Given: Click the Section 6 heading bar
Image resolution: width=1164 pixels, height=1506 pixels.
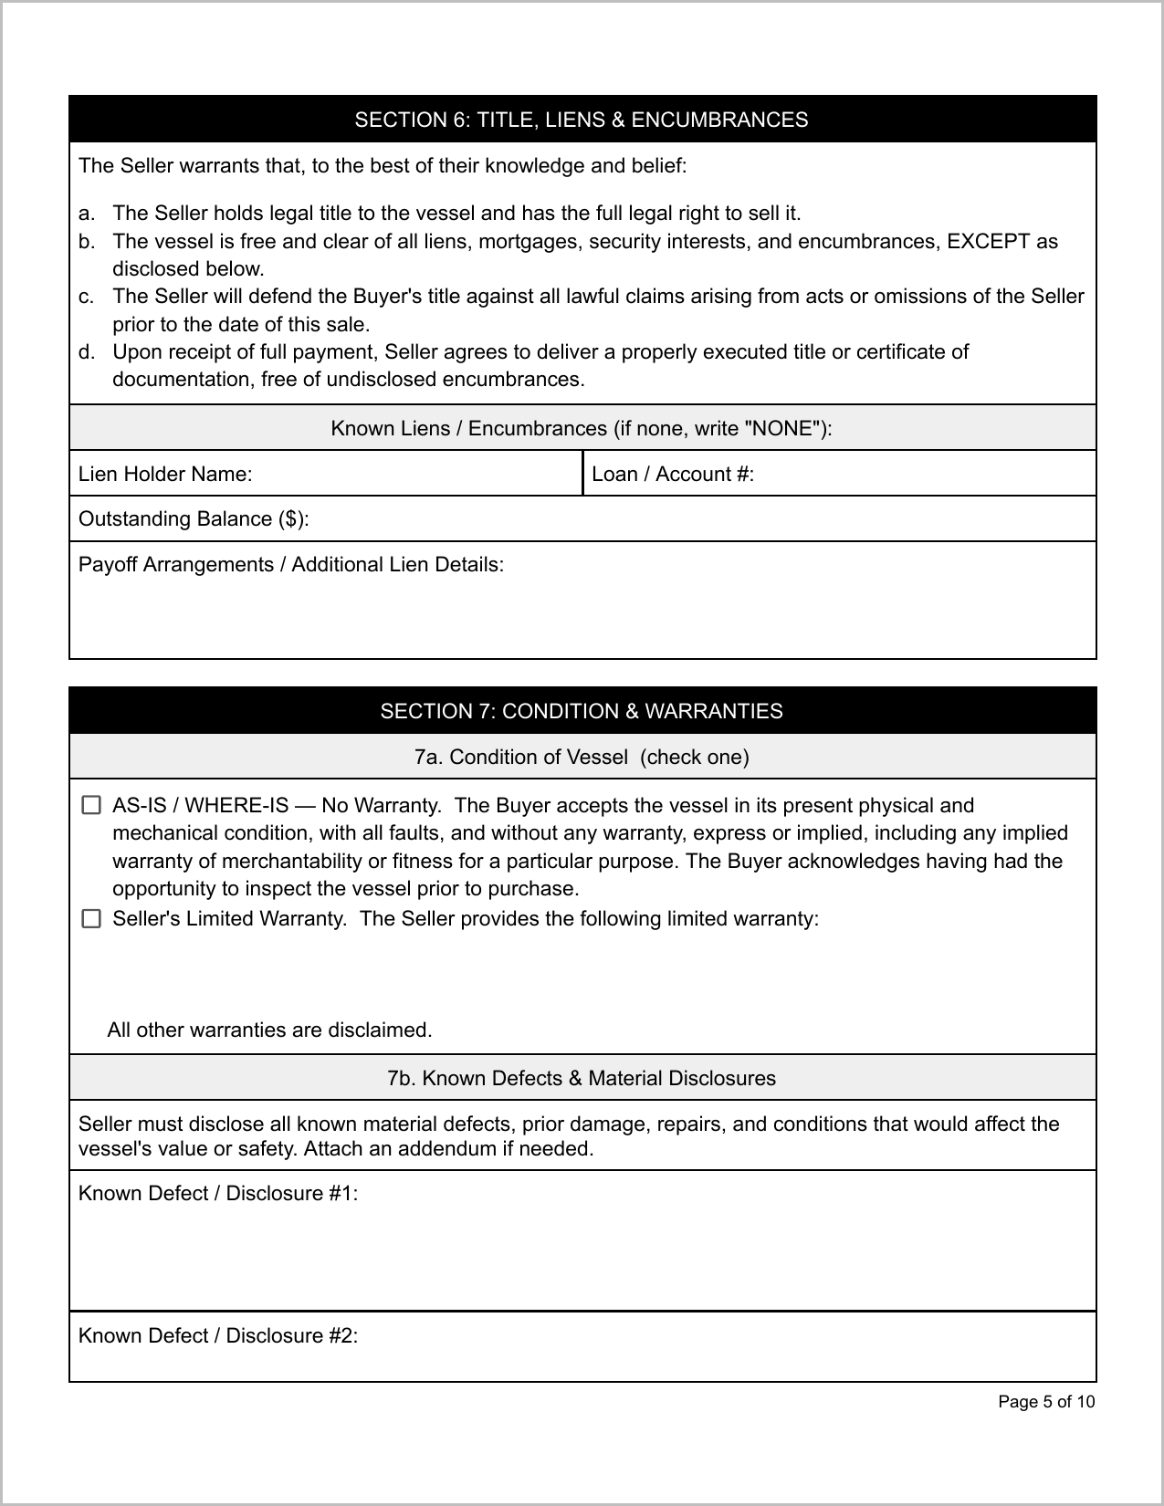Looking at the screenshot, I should coord(582,120).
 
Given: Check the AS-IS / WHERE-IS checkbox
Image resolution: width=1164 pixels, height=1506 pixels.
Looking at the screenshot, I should coord(91,805).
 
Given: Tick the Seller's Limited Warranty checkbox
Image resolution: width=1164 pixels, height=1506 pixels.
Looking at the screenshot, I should coord(91,919).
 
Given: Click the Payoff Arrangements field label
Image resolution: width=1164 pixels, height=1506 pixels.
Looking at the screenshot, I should coord(291,565).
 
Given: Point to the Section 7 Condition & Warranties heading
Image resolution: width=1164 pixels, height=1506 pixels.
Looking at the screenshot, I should coord(582,711).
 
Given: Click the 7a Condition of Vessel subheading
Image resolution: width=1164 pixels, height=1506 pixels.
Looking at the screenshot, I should coord(582,757).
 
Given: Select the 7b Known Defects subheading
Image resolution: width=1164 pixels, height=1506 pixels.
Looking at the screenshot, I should coord(582,1078).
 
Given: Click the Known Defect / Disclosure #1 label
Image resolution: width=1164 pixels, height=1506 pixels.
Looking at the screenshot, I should coord(218,1194).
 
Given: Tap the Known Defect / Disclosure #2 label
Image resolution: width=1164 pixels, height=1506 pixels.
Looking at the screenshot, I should coord(218,1336).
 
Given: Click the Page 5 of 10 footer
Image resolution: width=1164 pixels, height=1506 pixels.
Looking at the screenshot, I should coord(1046,1402).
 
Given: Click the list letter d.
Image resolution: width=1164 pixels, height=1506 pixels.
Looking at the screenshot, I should coord(86,352).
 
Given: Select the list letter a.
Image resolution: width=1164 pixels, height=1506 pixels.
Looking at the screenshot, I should coord(86,214).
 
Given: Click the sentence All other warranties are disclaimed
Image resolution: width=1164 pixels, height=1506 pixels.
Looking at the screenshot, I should coord(269,1030).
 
